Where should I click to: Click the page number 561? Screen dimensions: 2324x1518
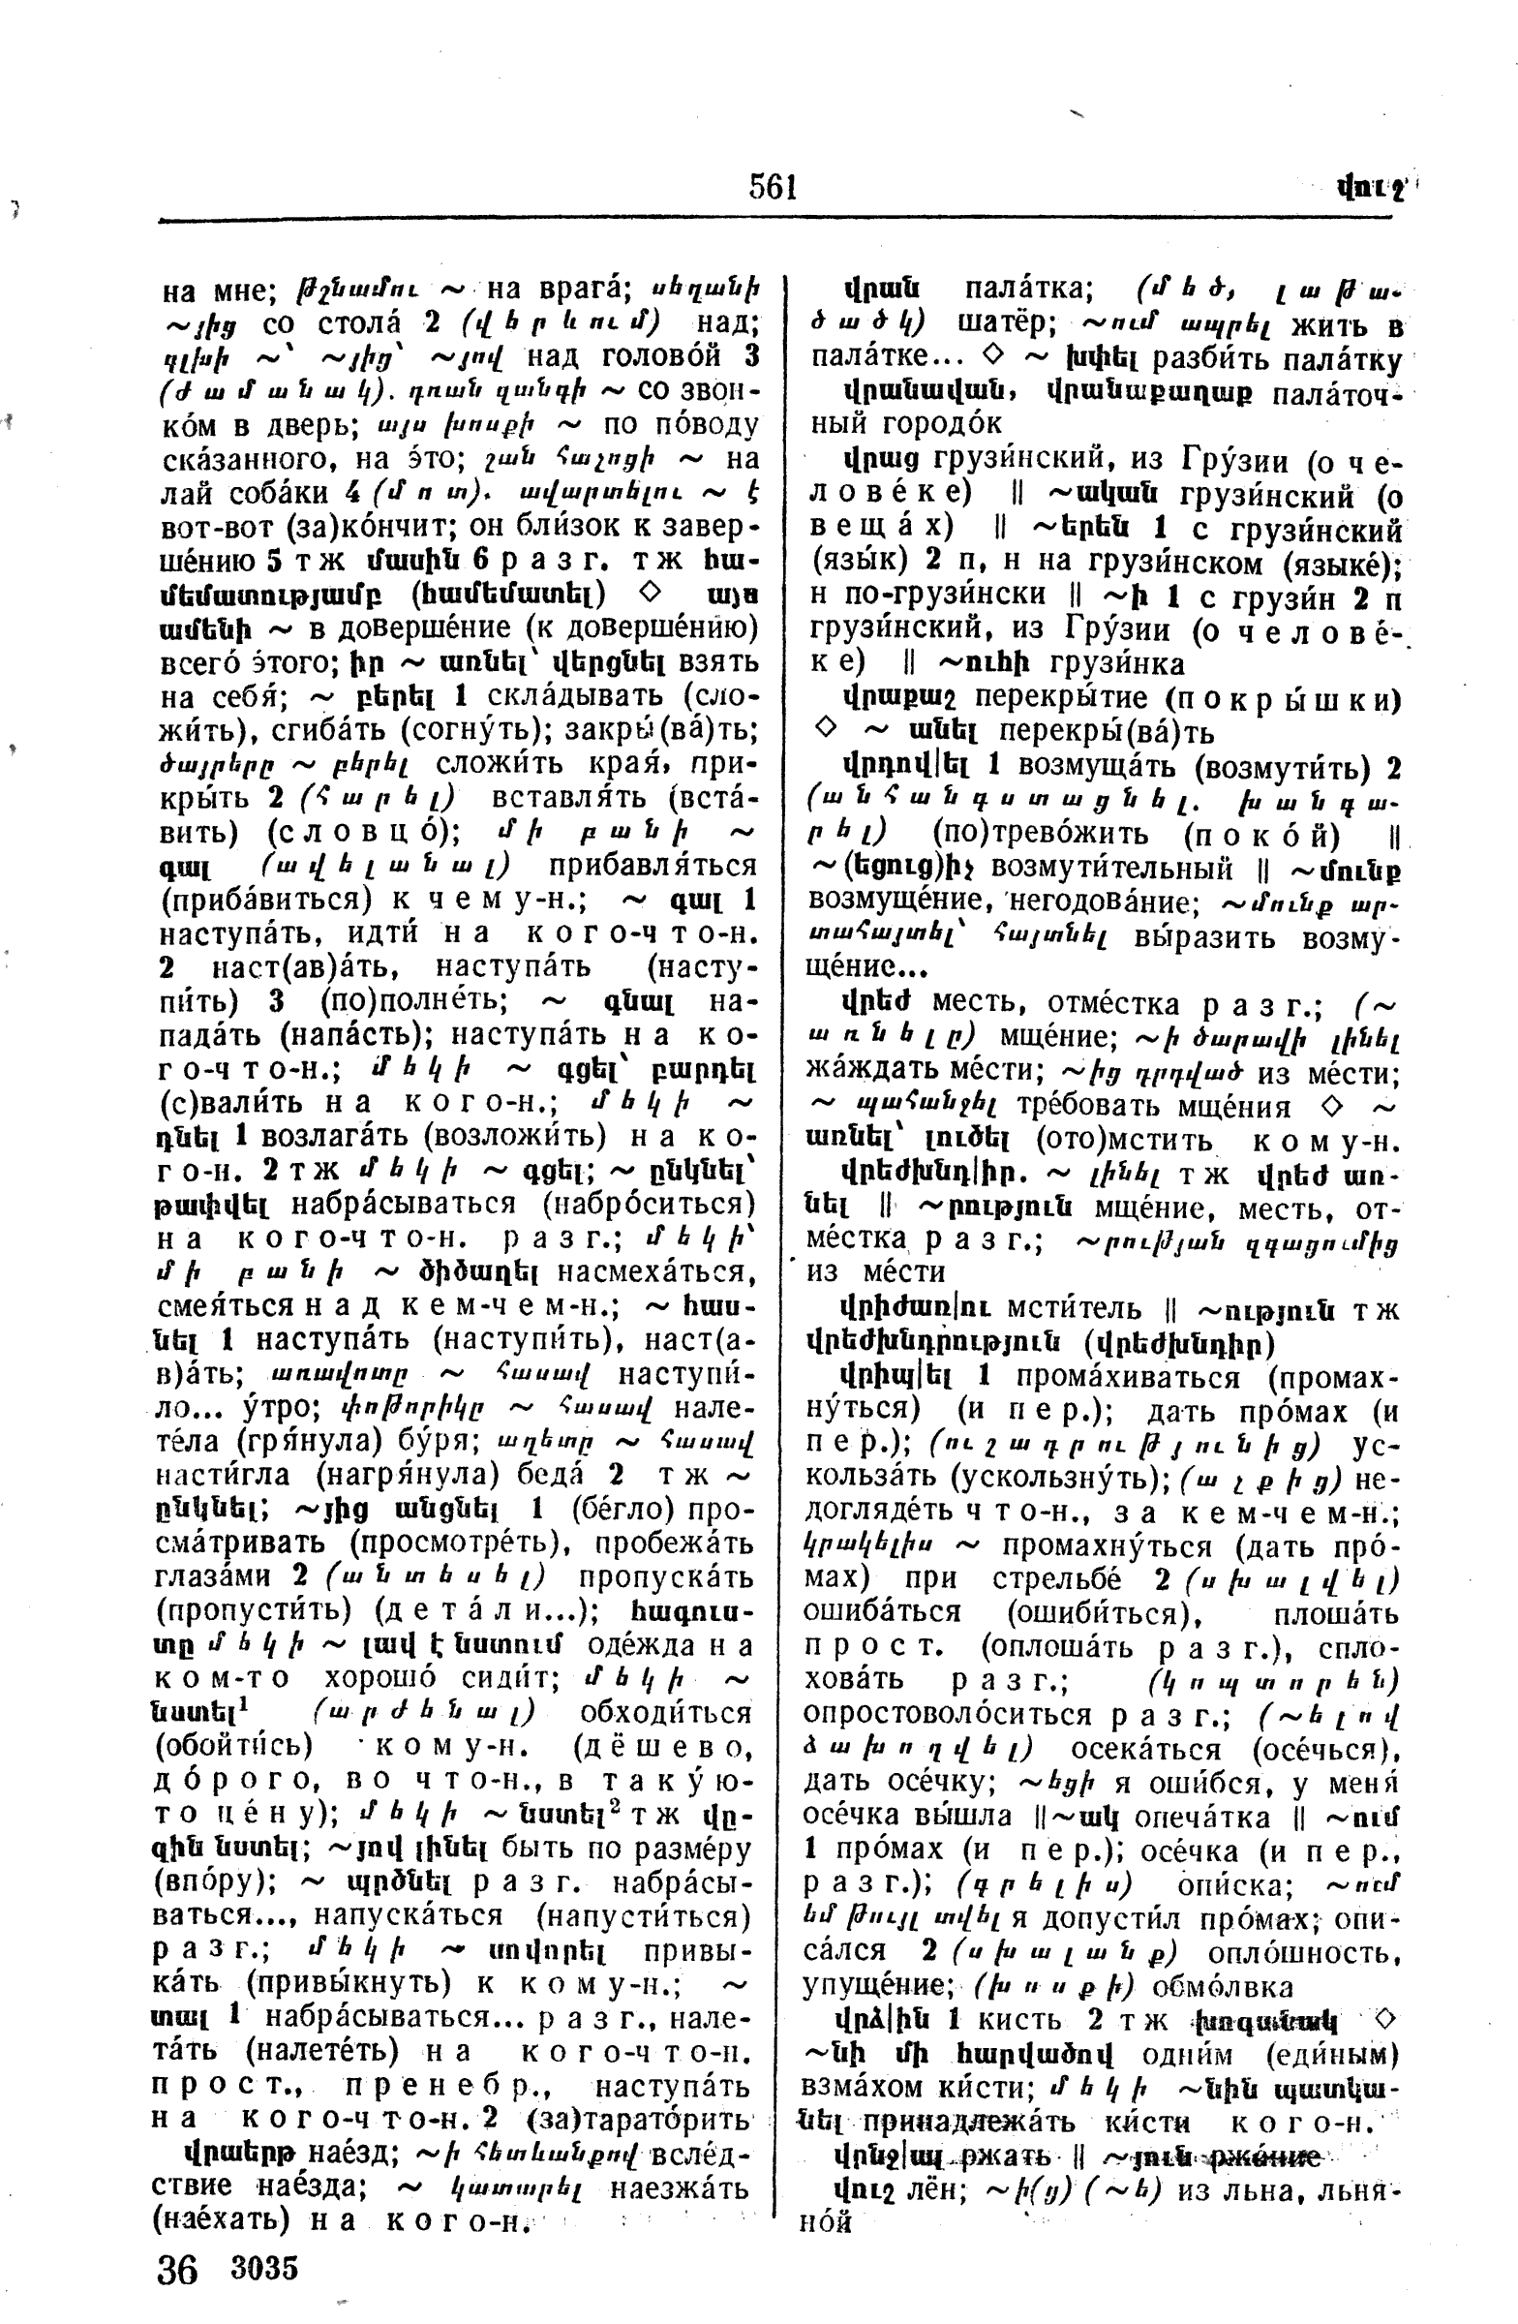click(774, 186)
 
